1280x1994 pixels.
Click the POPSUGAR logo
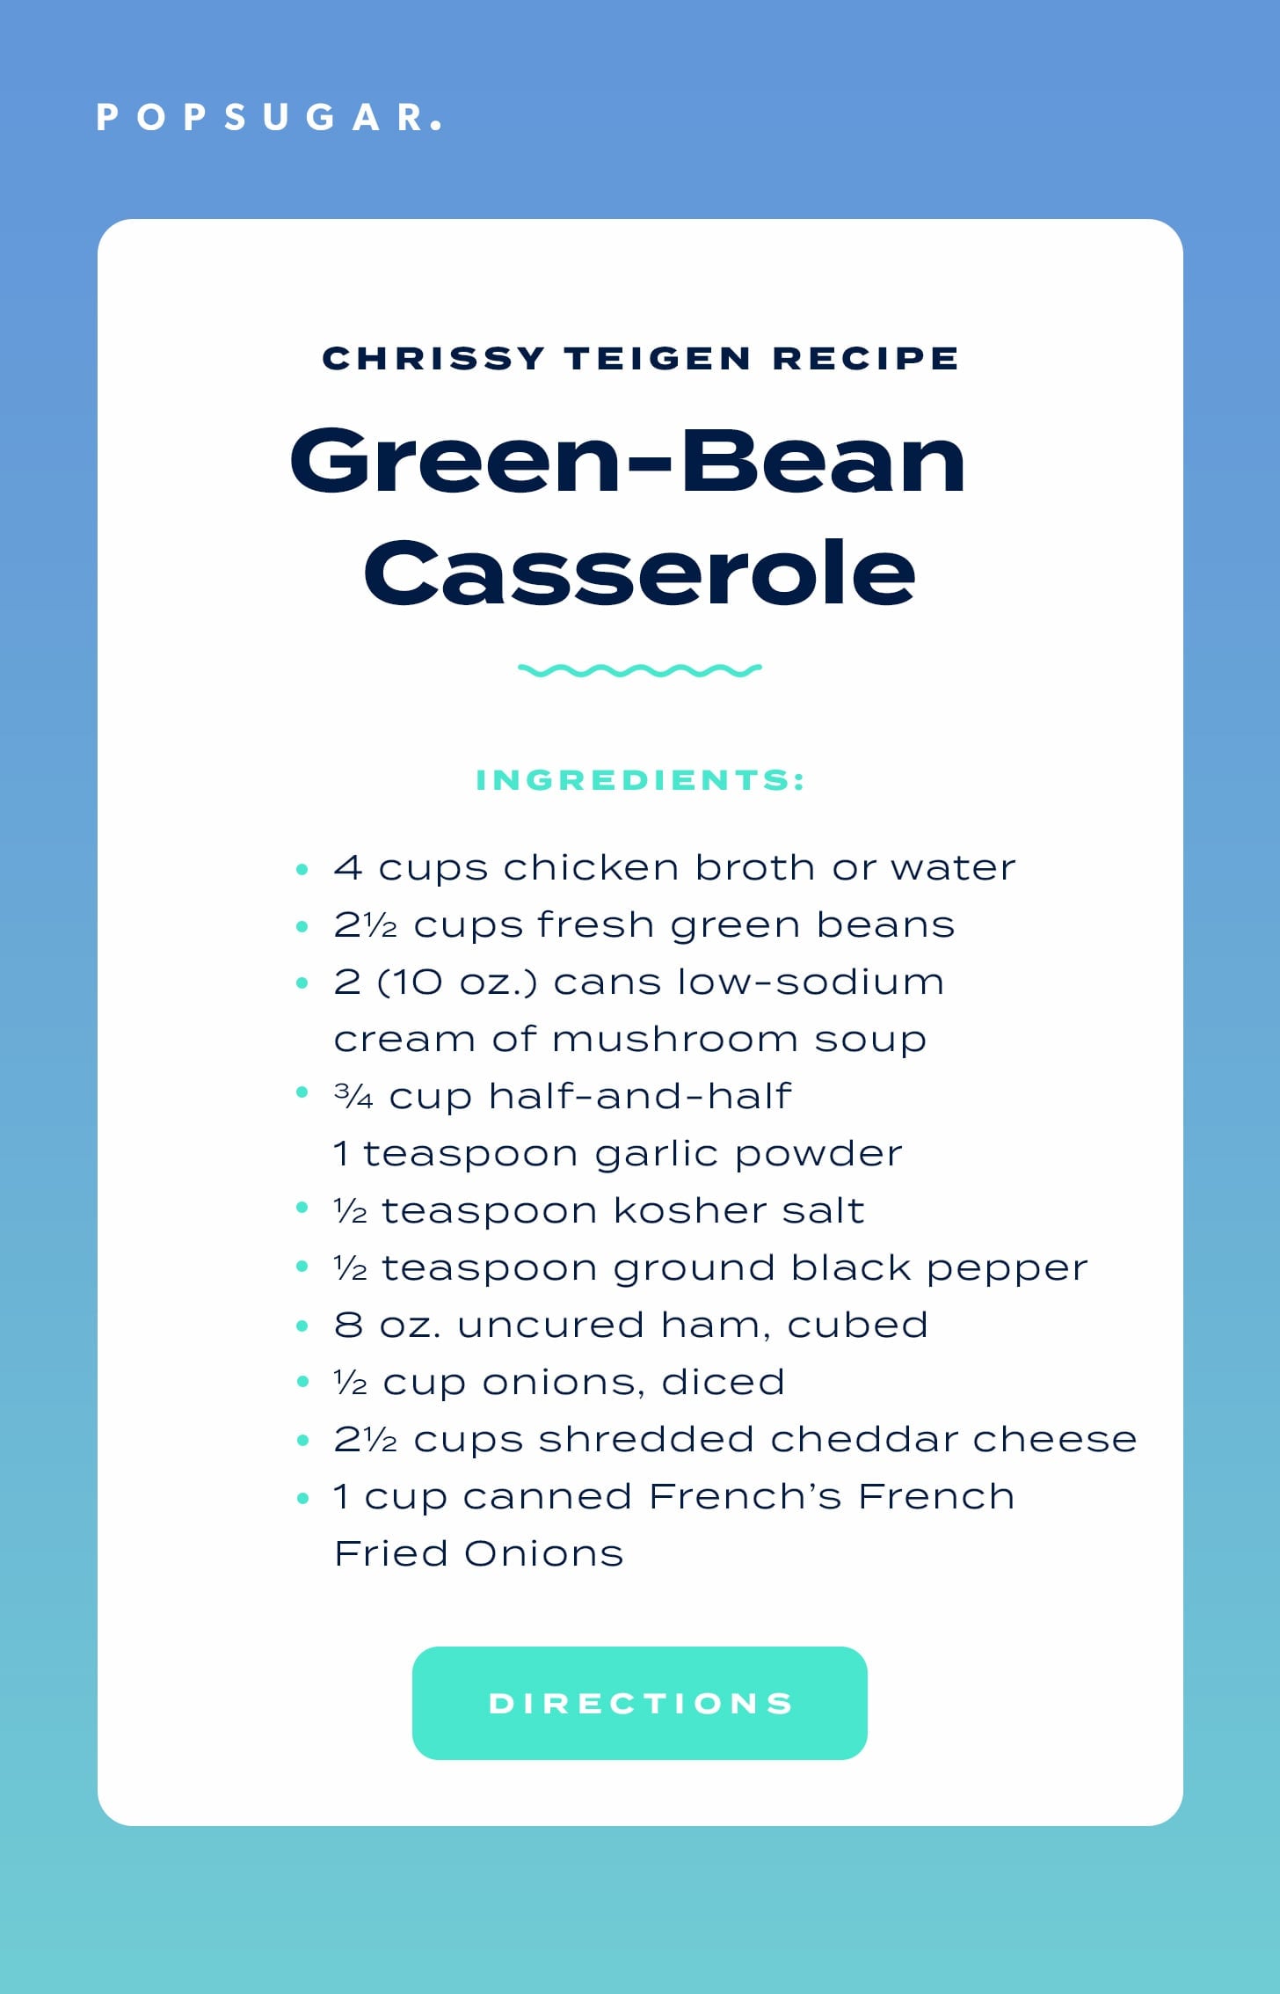tap(269, 118)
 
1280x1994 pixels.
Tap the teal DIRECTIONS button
tap(640, 1703)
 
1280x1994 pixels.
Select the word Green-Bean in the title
tap(628, 460)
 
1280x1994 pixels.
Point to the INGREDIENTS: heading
tap(640, 780)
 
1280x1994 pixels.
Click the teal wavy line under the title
tap(640, 670)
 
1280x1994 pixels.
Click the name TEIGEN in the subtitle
tap(658, 358)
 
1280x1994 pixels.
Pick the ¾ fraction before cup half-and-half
tap(353, 1097)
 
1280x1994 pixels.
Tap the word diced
tap(723, 1382)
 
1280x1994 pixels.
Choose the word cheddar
tap(863, 1439)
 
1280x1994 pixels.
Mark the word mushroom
tap(675, 1040)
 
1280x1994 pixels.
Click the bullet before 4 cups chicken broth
tap(302, 870)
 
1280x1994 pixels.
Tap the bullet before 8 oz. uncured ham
tap(302, 1326)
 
